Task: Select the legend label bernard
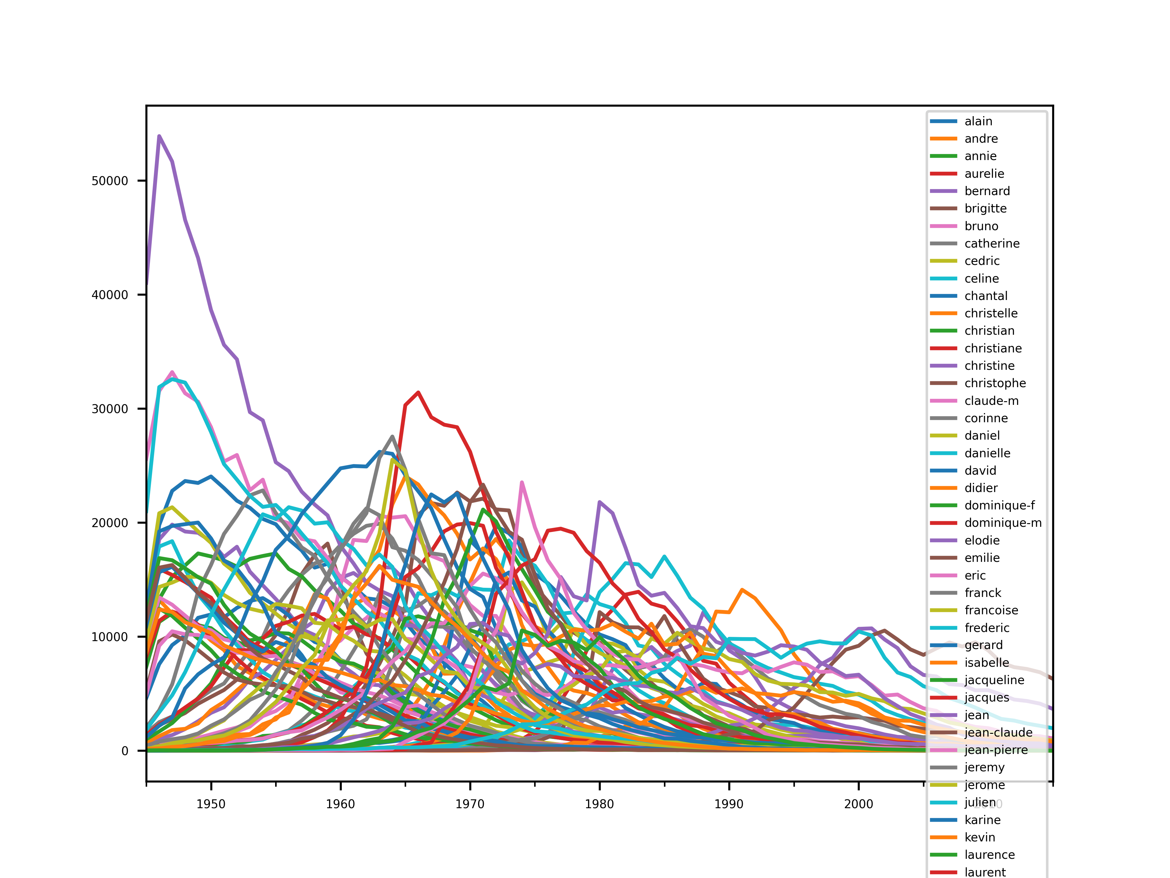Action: [987, 191]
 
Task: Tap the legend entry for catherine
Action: [992, 244]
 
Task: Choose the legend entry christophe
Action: [995, 383]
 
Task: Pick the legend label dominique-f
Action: [999, 505]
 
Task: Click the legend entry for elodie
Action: [982, 540]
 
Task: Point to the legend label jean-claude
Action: [998, 733]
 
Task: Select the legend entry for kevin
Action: [980, 837]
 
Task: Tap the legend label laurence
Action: [989, 855]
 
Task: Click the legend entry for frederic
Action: [987, 628]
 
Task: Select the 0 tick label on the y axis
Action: [125, 751]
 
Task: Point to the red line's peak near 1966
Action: [418, 392]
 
